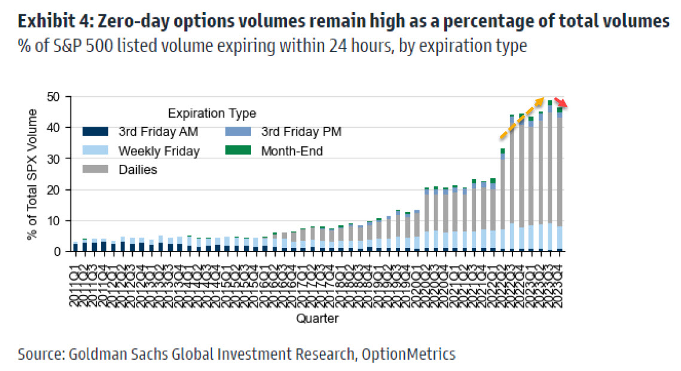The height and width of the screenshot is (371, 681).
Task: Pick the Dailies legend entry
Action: (x=137, y=170)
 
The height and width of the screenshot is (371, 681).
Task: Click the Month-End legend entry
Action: (x=291, y=151)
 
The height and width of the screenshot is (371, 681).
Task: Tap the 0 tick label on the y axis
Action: (x=61, y=252)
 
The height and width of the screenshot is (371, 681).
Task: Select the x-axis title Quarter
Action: (x=317, y=318)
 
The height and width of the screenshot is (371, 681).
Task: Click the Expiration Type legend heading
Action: (x=212, y=114)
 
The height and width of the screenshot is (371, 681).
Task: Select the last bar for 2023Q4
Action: (x=559, y=179)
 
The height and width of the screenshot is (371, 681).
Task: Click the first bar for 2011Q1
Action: (x=75, y=247)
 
